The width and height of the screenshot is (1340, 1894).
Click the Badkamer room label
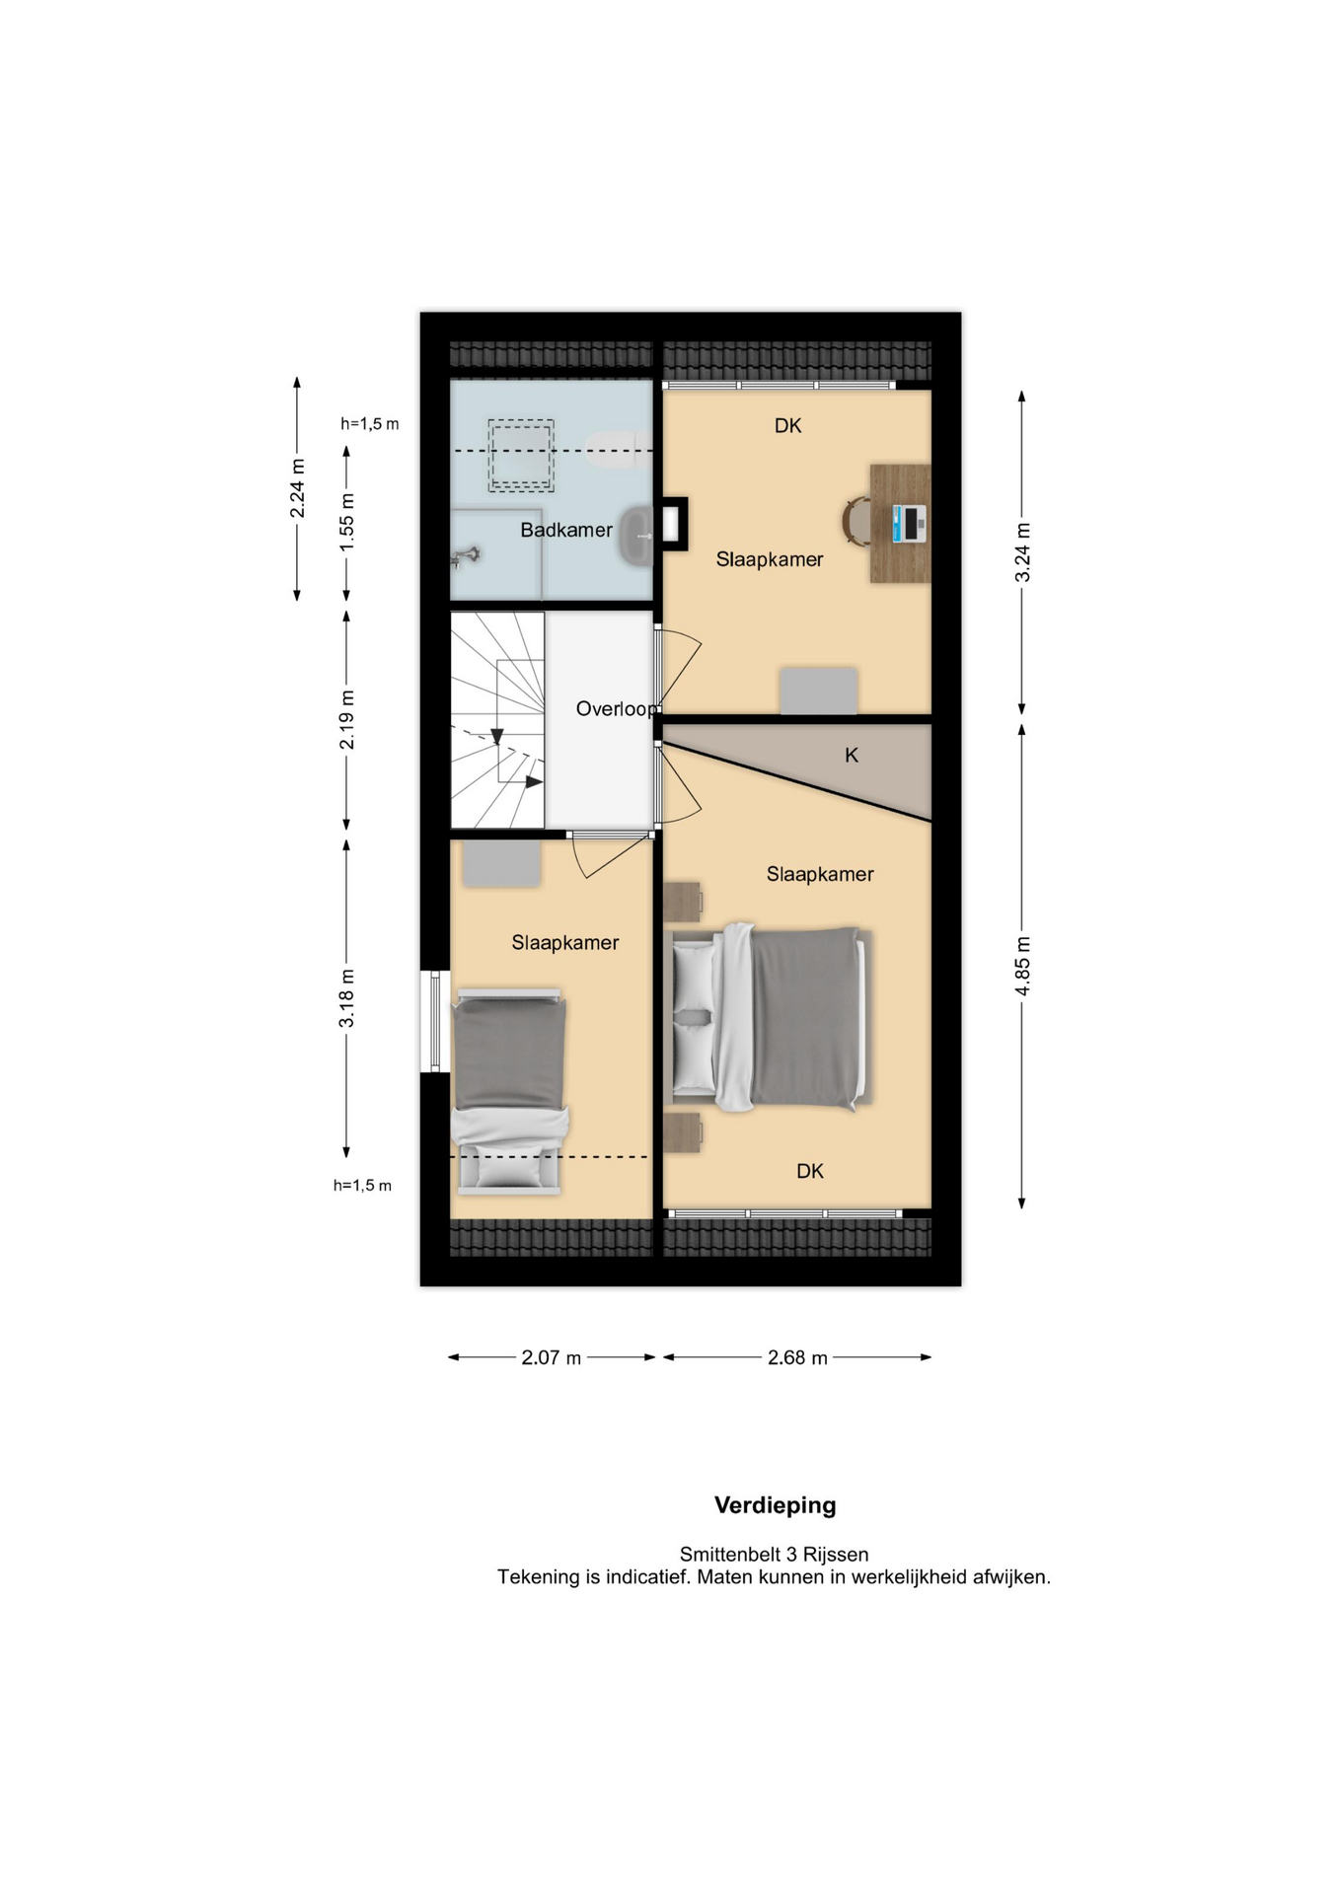click(x=566, y=530)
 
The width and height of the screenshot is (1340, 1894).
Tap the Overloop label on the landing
click(x=616, y=708)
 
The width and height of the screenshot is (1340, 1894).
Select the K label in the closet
click(x=852, y=755)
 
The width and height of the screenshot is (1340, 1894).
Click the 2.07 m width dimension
click(x=551, y=1357)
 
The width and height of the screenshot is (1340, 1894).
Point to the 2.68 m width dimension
click(x=797, y=1357)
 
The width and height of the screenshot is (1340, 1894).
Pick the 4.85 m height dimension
click(x=1022, y=966)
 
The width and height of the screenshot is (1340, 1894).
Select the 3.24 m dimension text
click(x=1022, y=552)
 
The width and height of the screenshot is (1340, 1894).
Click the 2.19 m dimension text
click(x=346, y=720)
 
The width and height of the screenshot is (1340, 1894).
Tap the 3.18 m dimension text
click(x=346, y=998)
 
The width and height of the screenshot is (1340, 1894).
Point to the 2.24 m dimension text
click(x=297, y=488)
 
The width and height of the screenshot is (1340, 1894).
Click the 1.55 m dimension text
click(x=346, y=523)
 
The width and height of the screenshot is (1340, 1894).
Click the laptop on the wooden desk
click(x=909, y=524)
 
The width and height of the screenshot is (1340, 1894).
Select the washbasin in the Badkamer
click(x=636, y=536)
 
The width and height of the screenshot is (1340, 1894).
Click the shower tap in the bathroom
click(x=465, y=557)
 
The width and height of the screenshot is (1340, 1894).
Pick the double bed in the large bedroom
click(x=768, y=1018)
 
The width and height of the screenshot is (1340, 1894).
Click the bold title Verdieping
click(x=775, y=1505)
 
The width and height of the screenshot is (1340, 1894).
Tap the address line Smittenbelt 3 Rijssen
click(x=774, y=1555)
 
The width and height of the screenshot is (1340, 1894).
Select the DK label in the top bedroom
click(x=787, y=426)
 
